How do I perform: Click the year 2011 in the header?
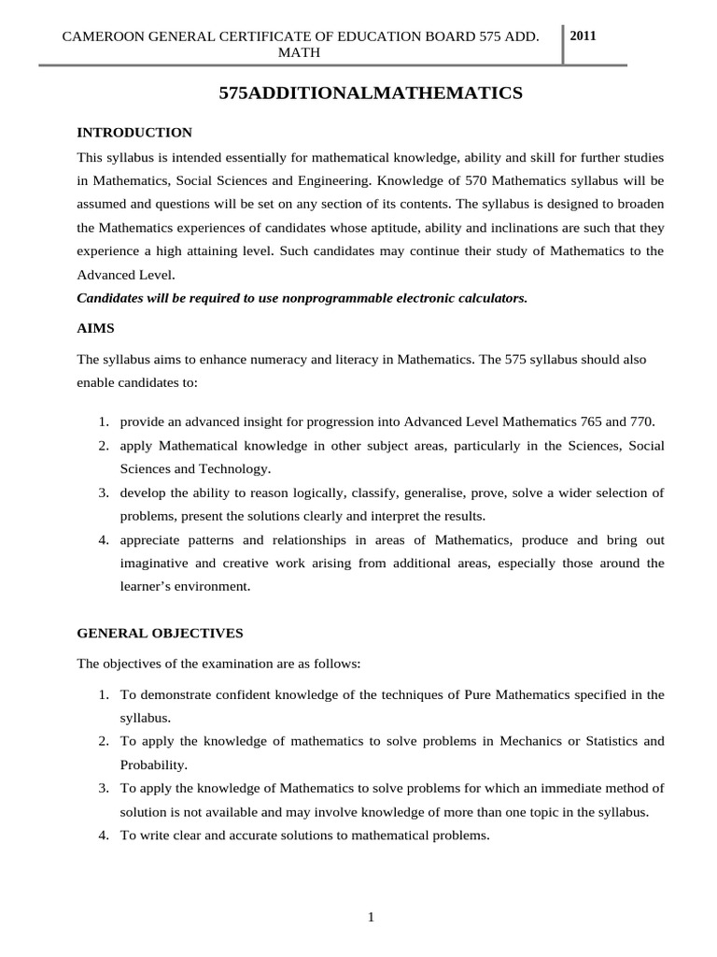pyautogui.click(x=583, y=36)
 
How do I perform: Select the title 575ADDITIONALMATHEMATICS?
pyautogui.click(x=371, y=93)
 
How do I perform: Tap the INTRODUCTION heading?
pyautogui.click(x=134, y=133)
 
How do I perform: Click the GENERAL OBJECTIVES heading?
pyautogui.click(x=160, y=633)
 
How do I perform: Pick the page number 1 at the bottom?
pyautogui.click(x=371, y=917)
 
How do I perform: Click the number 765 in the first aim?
pyautogui.click(x=579, y=421)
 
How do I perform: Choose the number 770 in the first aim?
pyautogui.click(x=640, y=421)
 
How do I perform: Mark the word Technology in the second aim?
pyautogui.click(x=236, y=468)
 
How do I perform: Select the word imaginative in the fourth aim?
pyautogui.click(x=155, y=563)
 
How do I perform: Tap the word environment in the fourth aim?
pyautogui.click(x=210, y=586)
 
